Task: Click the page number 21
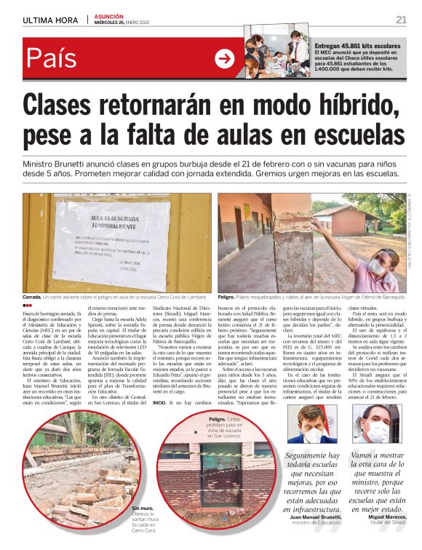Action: click(x=401, y=19)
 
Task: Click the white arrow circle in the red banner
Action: click(x=225, y=59)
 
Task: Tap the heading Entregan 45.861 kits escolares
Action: click(x=360, y=45)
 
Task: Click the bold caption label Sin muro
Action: click(x=144, y=507)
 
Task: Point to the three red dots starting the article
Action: click(x=28, y=306)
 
